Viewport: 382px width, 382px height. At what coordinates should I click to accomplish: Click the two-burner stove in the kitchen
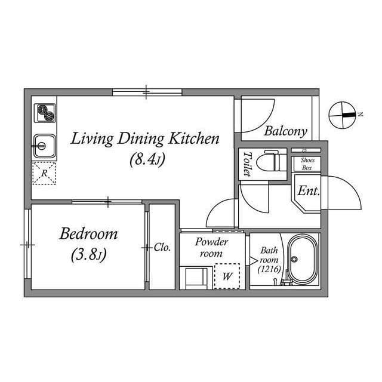click(45, 113)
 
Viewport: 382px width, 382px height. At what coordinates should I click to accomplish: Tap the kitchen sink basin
click(44, 146)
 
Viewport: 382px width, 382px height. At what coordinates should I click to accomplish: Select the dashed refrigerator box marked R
click(44, 173)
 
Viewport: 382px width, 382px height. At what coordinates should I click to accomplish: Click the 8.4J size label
click(147, 159)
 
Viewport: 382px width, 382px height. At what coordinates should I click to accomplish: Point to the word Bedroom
click(88, 233)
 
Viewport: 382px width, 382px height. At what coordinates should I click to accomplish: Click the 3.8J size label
click(89, 255)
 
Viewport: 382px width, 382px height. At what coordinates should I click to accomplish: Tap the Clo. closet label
click(162, 248)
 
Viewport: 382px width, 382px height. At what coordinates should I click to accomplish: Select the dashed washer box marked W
click(227, 276)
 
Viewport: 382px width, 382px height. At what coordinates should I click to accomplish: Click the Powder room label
click(211, 247)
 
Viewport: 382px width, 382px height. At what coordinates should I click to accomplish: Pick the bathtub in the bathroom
click(303, 260)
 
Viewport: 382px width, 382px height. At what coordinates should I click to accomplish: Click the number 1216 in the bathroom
click(269, 269)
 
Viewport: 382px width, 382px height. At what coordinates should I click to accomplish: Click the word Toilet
click(248, 164)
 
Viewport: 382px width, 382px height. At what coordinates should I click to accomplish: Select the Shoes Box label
click(307, 164)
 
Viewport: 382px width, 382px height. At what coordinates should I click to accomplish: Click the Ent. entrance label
click(309, 191)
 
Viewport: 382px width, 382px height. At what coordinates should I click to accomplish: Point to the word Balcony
click(285, 131)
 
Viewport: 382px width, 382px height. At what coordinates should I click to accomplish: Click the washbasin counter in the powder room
click(196, 278)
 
